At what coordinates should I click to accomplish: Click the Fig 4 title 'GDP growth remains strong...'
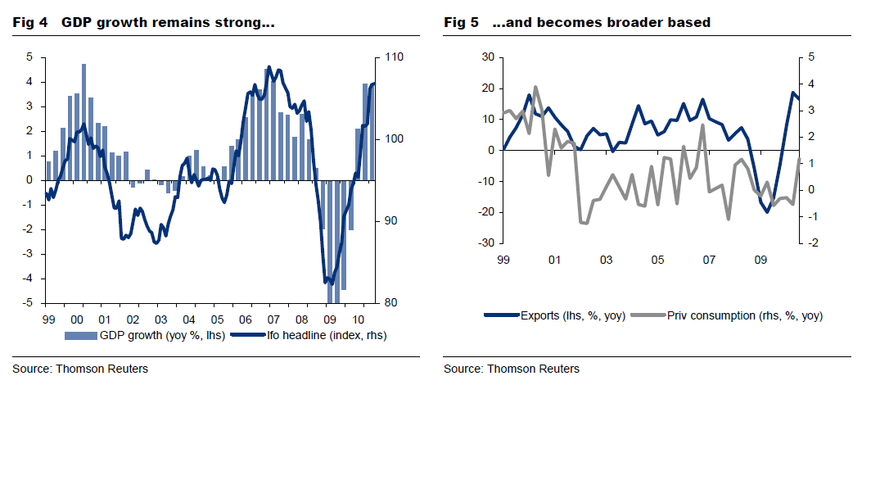167,23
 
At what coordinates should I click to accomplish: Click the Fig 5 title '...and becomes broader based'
601,23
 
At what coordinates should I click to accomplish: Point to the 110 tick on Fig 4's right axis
391,57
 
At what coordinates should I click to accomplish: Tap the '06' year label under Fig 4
245,319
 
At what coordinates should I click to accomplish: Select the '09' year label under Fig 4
330,319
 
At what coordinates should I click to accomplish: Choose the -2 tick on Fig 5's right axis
811,243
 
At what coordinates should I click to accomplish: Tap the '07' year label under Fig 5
709,261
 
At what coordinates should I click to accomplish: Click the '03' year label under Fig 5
606,261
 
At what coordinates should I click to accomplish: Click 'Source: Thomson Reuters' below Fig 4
80,369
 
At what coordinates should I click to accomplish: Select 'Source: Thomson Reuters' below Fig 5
512,369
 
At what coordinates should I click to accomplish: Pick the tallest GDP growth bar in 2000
83,122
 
